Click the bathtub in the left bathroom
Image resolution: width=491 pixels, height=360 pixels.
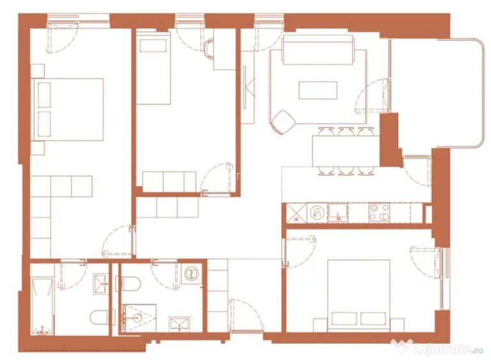point(43,306)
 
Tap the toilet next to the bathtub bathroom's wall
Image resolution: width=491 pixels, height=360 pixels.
point(99,317)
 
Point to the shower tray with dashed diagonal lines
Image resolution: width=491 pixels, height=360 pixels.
point(139,318)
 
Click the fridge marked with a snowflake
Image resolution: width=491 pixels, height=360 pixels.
point(296,213)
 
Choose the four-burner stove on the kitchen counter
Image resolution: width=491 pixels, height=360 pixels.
point(379,213)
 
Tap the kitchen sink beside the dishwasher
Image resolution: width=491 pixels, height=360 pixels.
point(338,213)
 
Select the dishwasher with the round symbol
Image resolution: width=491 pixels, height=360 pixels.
point(317,213)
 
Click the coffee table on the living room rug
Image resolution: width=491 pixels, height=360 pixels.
point(318,90)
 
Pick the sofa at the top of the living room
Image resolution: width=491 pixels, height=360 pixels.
point(318,49)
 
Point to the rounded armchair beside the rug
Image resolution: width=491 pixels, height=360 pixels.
point(283,121)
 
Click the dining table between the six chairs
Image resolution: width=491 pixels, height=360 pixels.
point(346,151)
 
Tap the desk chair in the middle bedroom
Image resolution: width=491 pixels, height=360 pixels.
point(209,48)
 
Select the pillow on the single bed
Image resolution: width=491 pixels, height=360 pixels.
point(153,46)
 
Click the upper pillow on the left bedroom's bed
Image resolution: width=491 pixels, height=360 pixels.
point(44,95)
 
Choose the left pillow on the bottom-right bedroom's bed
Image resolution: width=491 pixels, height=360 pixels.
point(345,318)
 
